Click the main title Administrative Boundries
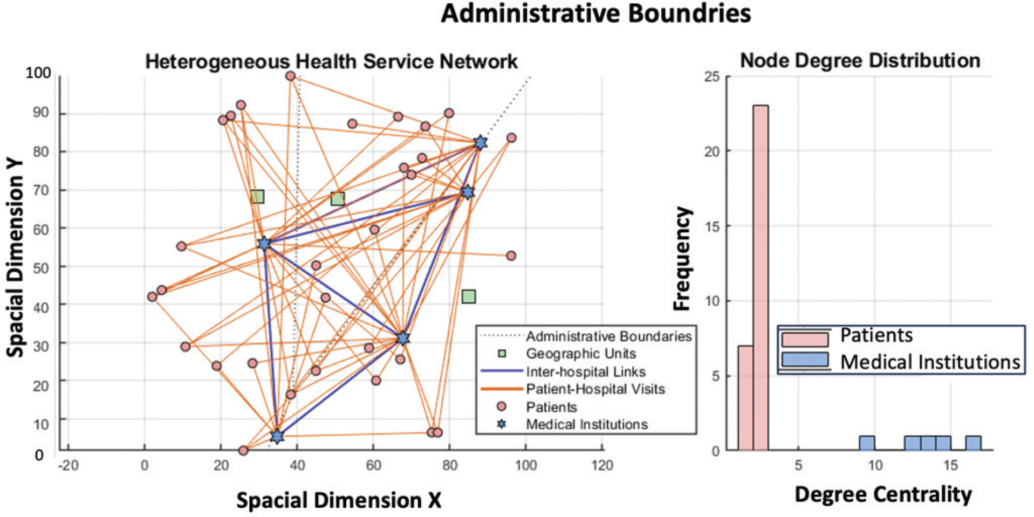tap(595, 13)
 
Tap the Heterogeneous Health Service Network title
tap(331, 61)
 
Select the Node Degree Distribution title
tap(860, 60)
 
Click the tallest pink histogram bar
tap(761, 278)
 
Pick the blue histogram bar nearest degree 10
tap(867, 443)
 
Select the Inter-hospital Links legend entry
tap(585, 371)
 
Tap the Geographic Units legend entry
tap(580, 354)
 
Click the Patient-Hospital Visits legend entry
tap(595, 389)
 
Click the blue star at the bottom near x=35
tap(277, 436)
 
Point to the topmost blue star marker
tap(480, 143)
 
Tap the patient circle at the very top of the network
tap(290, 76)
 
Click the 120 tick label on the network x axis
tap(602, 465)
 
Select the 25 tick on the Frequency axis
tap(712, 77)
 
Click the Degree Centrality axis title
tap(883, 494)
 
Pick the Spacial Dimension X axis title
tap(339, 500)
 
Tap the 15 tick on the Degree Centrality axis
tap(950, 465)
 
